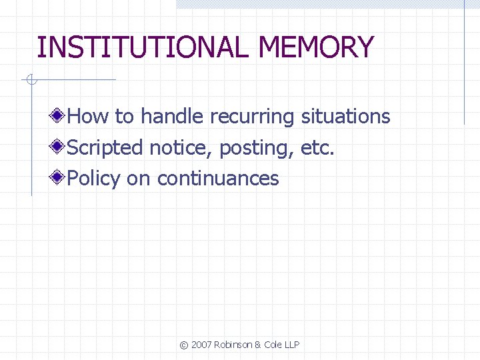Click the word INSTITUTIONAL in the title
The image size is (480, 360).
(x=144, y=48)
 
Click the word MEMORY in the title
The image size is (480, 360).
(x=317, y=48)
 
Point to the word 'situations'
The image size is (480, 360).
(x=345, y=117)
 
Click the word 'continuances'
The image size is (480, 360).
(x=218, y=179)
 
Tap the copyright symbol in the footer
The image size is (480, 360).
(x=184, y=345)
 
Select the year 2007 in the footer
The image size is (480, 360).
(x=201, y=345)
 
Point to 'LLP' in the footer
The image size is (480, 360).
(x=291, y=345)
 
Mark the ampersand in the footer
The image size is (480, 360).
(x=258, y=345)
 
